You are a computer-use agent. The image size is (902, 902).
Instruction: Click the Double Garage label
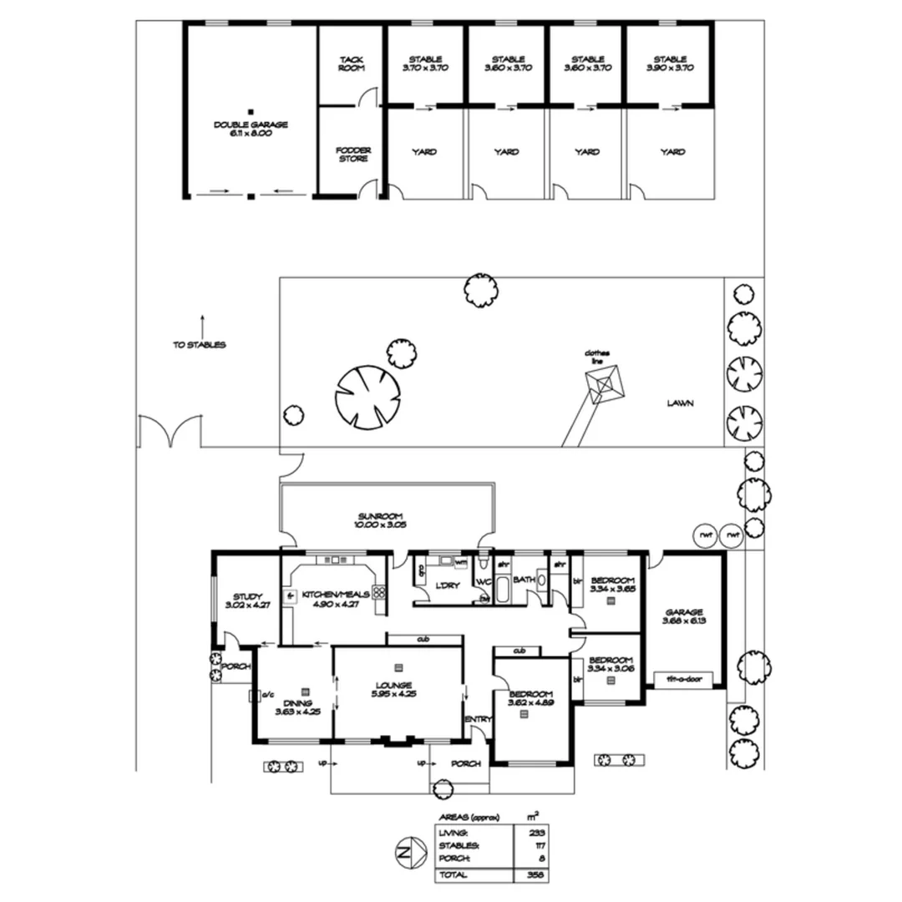coord(251,129)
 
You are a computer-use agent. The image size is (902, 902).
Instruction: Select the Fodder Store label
coord(352,155)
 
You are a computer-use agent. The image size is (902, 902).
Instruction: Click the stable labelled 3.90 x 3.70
coord(670,64)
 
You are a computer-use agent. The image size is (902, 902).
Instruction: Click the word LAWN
coord(680,403)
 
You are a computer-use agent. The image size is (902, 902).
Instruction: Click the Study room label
coord(247,600)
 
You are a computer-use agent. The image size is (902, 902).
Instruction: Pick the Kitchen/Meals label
coord(334,600)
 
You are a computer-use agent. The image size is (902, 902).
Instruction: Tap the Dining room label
coord(297,707)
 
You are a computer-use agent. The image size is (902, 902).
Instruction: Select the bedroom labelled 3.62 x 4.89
coord(530,699)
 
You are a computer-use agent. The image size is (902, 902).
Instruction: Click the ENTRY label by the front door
coord(479,720)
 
